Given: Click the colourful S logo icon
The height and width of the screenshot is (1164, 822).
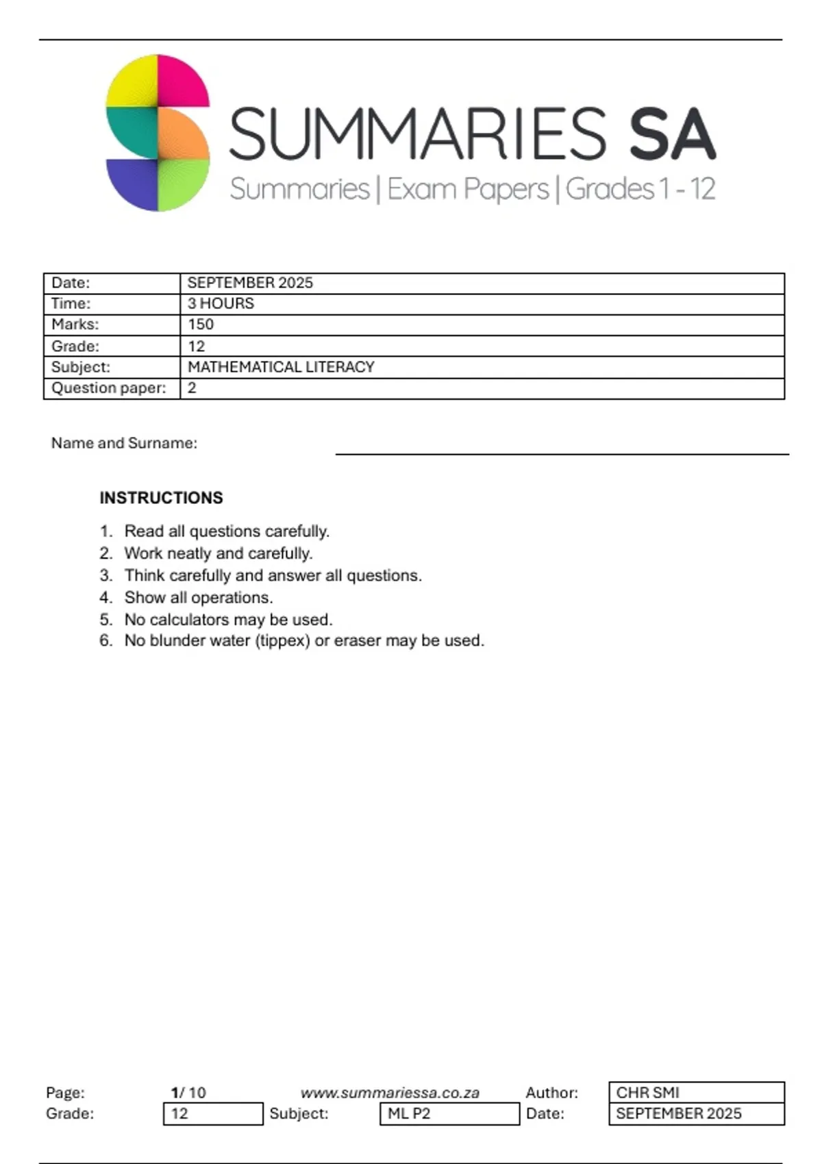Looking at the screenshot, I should [x=158, y=133].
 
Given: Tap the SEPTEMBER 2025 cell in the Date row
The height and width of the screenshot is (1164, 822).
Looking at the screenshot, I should [x=250, y=283].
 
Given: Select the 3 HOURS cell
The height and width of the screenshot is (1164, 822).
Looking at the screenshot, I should [x=221, y=303].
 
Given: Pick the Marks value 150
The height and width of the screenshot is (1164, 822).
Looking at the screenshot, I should [x=201, y=324].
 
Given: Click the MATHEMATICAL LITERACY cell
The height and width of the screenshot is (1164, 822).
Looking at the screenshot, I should [x=281, y=367].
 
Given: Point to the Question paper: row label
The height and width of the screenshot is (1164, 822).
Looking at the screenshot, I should [x=109, y=388].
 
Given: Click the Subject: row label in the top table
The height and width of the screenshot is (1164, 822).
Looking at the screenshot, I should [x=81, y=367].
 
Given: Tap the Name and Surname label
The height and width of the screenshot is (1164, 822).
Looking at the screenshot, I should [x=124, y=443].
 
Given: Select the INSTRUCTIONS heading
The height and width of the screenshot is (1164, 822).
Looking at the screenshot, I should [x=161, y=498].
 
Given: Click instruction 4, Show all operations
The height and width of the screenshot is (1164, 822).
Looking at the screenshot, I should [x=199, y=598].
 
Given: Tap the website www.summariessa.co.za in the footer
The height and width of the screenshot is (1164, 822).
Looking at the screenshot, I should [x=390, y=1093].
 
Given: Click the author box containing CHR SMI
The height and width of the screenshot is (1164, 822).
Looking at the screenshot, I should [x=696, y=1092].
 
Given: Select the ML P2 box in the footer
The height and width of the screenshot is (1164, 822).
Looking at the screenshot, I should [x=449, y=1114].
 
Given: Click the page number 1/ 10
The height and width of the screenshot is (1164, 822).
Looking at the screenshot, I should [x=188, y=1093].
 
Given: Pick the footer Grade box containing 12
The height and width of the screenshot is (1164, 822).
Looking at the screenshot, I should [x=213, y=1114].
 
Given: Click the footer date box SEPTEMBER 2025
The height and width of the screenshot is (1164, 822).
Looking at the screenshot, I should [x=696, y=1114].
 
